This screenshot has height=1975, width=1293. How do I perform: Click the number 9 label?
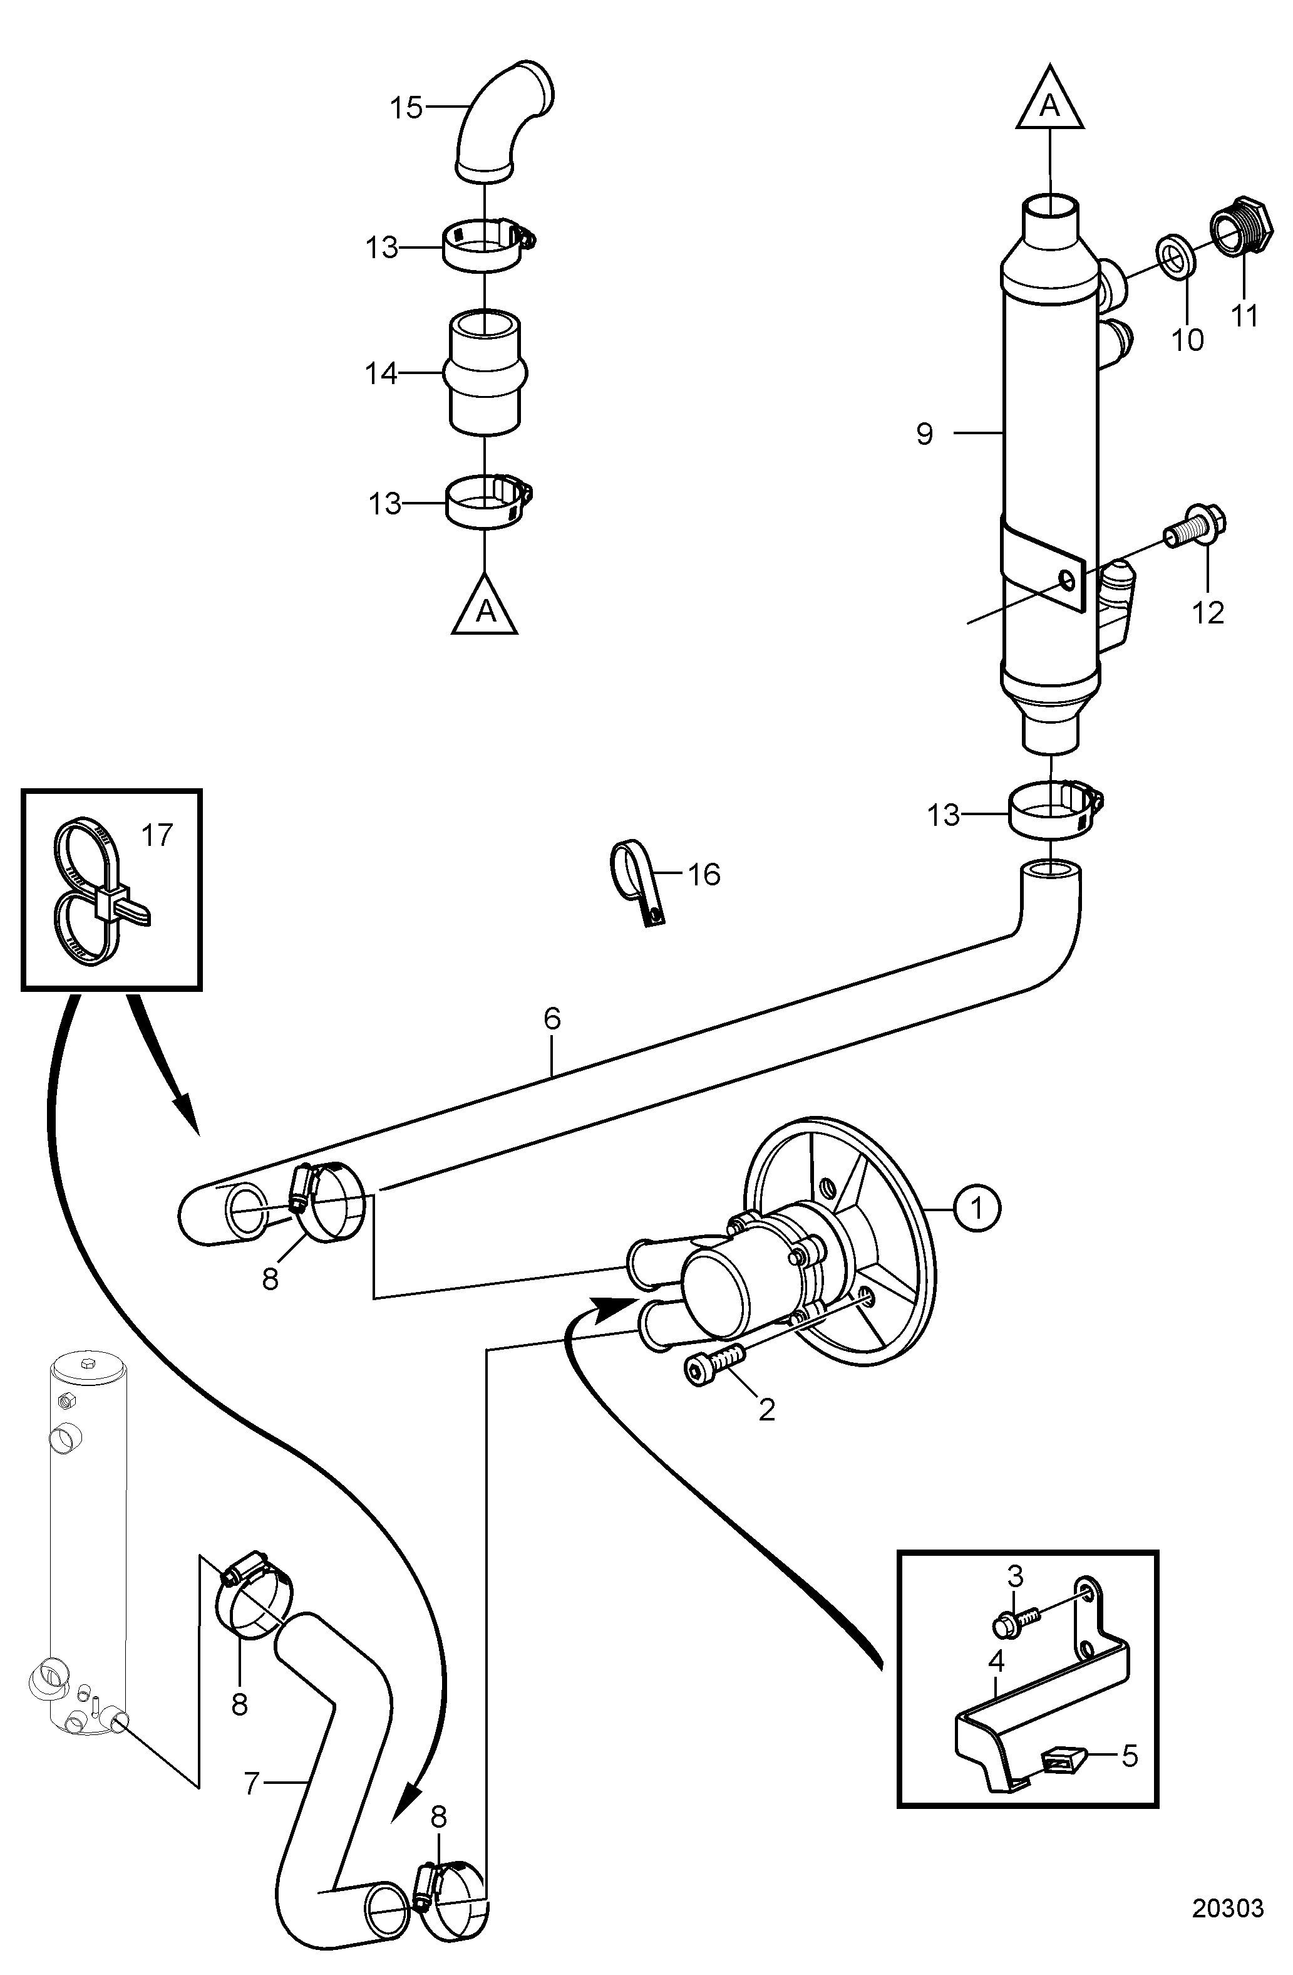point(925,433)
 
